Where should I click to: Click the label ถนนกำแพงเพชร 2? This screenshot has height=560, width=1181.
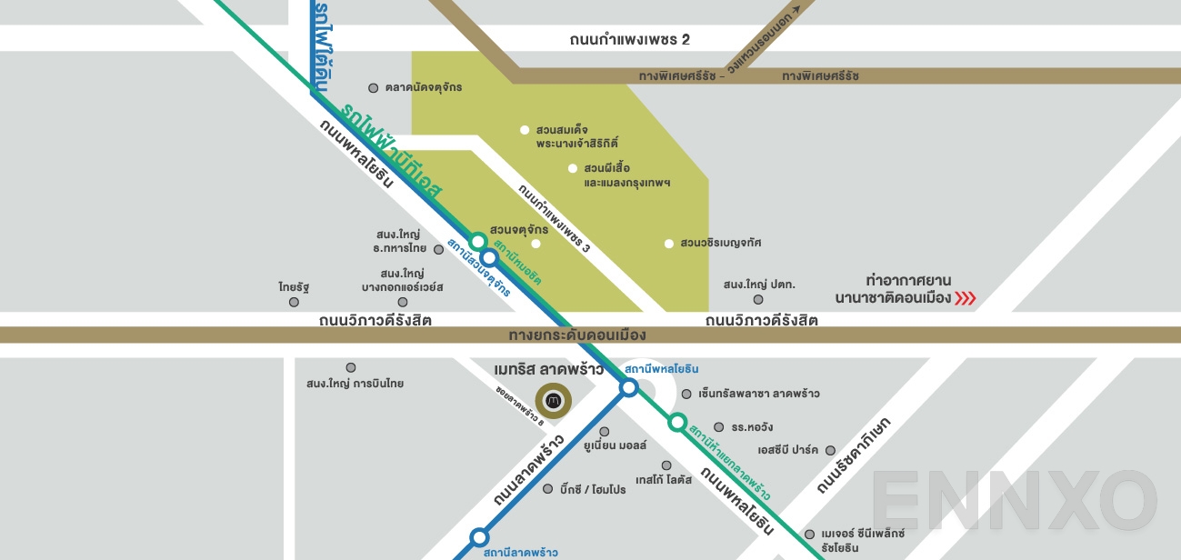point(630,39)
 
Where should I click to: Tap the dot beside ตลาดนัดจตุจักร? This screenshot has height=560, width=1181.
point(373,88)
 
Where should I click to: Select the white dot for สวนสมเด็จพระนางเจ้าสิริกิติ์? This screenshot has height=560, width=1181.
point(525,130)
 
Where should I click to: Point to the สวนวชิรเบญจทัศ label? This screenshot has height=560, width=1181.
point(721,243)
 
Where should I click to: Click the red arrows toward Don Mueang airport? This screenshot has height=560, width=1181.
point(965,297)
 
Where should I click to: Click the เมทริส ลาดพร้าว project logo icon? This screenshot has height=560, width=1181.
point(552,400)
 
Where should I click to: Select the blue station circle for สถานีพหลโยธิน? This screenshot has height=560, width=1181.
point(628,389)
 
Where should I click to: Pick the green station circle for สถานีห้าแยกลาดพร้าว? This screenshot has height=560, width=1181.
point(677,422)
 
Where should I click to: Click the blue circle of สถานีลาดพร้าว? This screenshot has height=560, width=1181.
point(479,537)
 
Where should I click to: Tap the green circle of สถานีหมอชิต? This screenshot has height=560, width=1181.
point(478,242)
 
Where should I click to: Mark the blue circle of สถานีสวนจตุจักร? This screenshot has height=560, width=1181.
point(489,258)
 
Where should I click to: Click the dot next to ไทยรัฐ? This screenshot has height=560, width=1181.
point(294,302)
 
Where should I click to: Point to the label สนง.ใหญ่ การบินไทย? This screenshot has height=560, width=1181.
point(355,384)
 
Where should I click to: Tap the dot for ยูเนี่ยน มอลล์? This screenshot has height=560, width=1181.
point(604,432)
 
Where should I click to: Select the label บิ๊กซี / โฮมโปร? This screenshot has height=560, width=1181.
point(594,489)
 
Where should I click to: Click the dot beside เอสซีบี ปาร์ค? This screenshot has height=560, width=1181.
point(834,450)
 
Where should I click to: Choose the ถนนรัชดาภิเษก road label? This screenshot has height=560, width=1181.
point(855,456)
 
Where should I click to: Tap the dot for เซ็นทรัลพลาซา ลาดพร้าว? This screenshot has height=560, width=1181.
point(686,394)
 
